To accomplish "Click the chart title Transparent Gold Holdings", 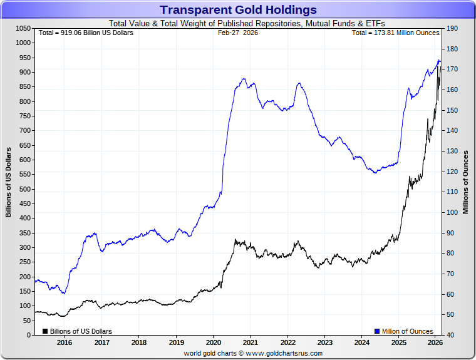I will point(238,10).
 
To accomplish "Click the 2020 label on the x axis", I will point(213,342).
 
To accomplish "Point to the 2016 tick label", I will point(65,342).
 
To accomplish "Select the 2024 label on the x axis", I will point(361,342).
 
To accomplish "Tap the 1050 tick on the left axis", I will point(23,29).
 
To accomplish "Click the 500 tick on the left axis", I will point(25,189).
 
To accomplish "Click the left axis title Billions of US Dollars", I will point(9,182).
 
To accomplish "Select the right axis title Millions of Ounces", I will point(466,182).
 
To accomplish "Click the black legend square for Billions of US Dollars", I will point(45,331).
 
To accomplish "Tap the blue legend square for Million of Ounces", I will point(377,331).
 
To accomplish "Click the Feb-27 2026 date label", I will point(238,33).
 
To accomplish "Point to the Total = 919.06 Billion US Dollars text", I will point(86,33).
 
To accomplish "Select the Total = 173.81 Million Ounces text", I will point(395,33).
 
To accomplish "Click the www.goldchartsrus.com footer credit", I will point(253,353).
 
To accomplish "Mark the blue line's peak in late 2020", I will point(244,79).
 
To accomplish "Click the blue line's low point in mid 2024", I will point(375,173).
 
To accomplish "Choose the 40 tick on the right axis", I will point(451,336).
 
